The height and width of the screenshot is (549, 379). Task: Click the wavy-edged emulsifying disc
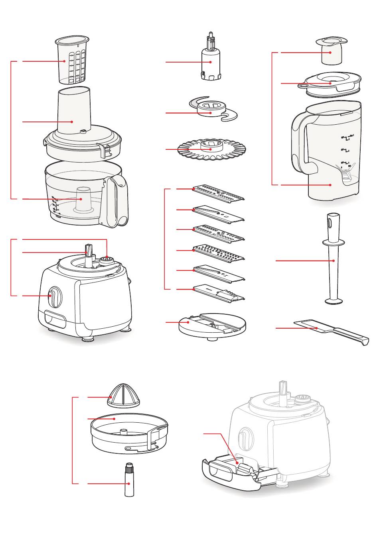click(212, 150)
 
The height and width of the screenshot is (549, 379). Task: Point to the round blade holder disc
click(212, 325)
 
